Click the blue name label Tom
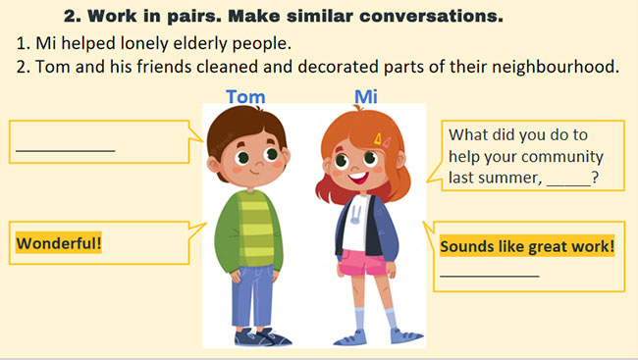click(245, 96)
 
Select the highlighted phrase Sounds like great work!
click(527, 245)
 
